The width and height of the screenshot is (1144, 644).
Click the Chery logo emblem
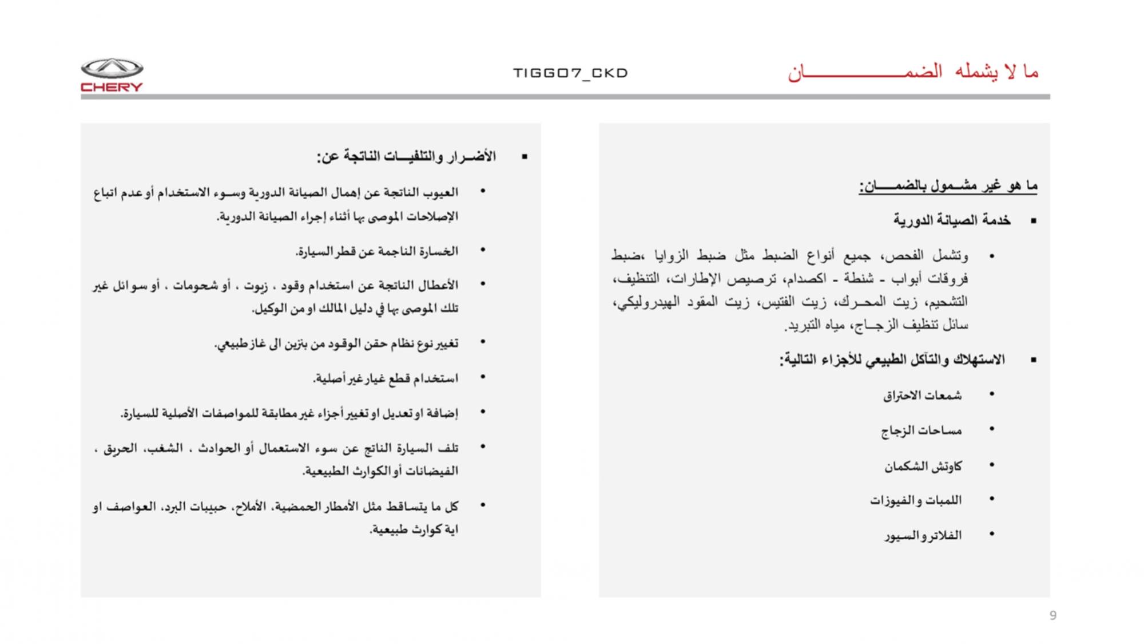click(x=112, y=68)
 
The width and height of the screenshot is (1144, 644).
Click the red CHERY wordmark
click(x=112, y=87)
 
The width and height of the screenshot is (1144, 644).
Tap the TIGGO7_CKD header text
click(x=570, y=73)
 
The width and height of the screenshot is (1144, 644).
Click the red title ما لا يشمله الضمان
click(x=913, y=72)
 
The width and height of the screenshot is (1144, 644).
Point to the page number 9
click(x=1052, y=615)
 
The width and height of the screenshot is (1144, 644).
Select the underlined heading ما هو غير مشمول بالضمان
click(x=948, y=185)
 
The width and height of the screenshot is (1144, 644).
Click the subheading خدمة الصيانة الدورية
click(x=952, y=220)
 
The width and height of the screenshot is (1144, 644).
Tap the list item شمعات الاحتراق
click(x=922, y=395)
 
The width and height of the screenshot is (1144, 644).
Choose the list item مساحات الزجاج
click(x=921, y=430)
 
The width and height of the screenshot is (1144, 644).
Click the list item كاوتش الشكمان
click(x=923, y=466)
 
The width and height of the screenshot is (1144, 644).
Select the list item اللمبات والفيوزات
click(x=916, y=500)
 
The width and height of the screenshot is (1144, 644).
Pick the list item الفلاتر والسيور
click(x=923, y=535)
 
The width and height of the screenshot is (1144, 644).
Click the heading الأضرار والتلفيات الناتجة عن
click(x=406, y=156)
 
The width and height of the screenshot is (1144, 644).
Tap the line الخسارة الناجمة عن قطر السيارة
click(x=377, y=251)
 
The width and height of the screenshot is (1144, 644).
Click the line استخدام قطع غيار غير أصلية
click(x=386, y=378)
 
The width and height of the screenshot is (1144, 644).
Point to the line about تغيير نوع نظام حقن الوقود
click(x=336, y=343)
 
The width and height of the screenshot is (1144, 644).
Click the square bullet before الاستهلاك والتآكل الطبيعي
click(x=1033, y=360)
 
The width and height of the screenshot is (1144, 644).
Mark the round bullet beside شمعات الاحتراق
click(x=992, y=394)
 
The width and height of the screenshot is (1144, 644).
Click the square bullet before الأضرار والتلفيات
click(x=524, y=156)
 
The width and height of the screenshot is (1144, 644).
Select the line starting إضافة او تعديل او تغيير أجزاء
click(x=289, y=413)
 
